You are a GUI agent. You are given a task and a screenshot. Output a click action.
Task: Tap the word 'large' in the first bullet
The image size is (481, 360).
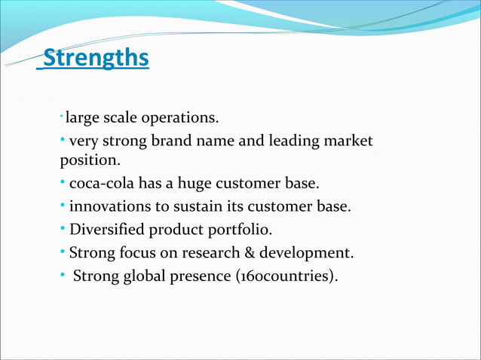[x=81, y=118]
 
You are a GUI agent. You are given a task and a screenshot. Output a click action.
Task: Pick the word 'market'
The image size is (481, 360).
[x=348, y=141]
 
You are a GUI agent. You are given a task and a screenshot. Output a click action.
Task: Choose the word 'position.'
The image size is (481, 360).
[x=90, y=160]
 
